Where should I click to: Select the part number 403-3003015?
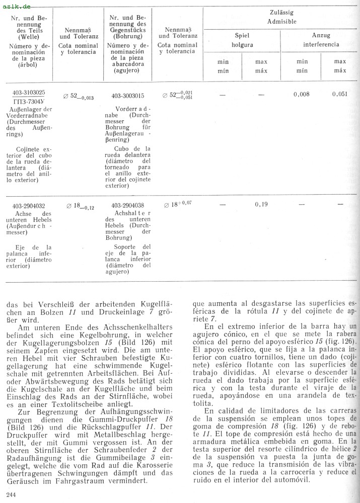pos(127,96)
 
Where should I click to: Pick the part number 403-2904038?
pos(127,205)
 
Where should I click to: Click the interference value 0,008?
pos(302,94)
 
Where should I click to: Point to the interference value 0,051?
pos(340,94)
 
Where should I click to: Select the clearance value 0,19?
pos(261,204)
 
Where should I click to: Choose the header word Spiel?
pos(242,36)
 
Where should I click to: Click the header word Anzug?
pos(321,36)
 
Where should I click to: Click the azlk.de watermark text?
pos(17,6)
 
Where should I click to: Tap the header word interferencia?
pos(321,44)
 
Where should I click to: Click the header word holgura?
pos(242,44)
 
